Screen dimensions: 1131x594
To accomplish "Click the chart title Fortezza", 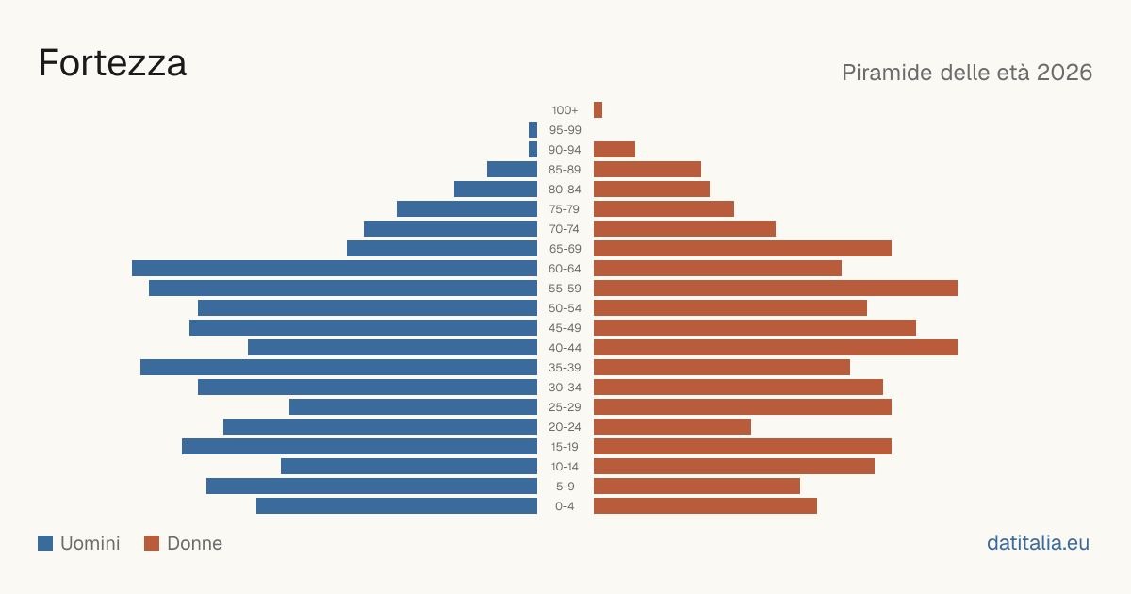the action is pyautogui.click(x=112, y=63).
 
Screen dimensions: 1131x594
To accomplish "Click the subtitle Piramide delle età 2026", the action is pyautogui.click(x=967, y=73).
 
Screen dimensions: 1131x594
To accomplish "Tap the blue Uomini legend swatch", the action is pyautogui.click(x=45, y=543).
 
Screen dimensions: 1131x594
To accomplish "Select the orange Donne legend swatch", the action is pyautogui.click(x=152, y=543).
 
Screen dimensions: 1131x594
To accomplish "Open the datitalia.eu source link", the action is pyautogui.click(x=1038, y=543).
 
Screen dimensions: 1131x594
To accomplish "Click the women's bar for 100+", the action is pyautogui.click(x=598, y=109).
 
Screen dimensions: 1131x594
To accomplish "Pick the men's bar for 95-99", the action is pyautogui.click(x=533, y=130).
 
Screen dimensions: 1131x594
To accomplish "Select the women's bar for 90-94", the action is pyautogui.click(x=615, y=150).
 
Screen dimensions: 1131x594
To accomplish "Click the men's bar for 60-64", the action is pyautogui.click(x=335, y=268).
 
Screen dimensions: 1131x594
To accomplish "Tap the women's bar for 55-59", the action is pyautogui.click(x=776, y=288).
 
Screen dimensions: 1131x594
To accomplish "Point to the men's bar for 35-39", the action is pyautogui.click(x=338, y=367).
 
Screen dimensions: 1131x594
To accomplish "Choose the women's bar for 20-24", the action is pyautogui.click(x=672, y=427).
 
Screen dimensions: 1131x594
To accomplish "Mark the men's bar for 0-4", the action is pyautogui.click(x=397, y=506).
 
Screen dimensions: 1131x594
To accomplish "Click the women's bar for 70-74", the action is pyautogui.click(x=684, y=229).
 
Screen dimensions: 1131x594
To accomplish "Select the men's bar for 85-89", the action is pyautogui.click(x=512, y=169).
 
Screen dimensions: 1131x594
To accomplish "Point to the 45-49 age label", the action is pyautogui.click(x=565, y=328).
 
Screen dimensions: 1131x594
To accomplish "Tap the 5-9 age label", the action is pyautogui.click(x=565, y=487).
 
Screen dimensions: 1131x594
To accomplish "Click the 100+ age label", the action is pyautogui.click(x=565, y=110).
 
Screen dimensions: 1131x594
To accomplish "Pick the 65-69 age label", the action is pyautogui.click(x=565, y=249).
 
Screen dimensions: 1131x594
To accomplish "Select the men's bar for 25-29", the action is pyautogui.click(x=413, y=407).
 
